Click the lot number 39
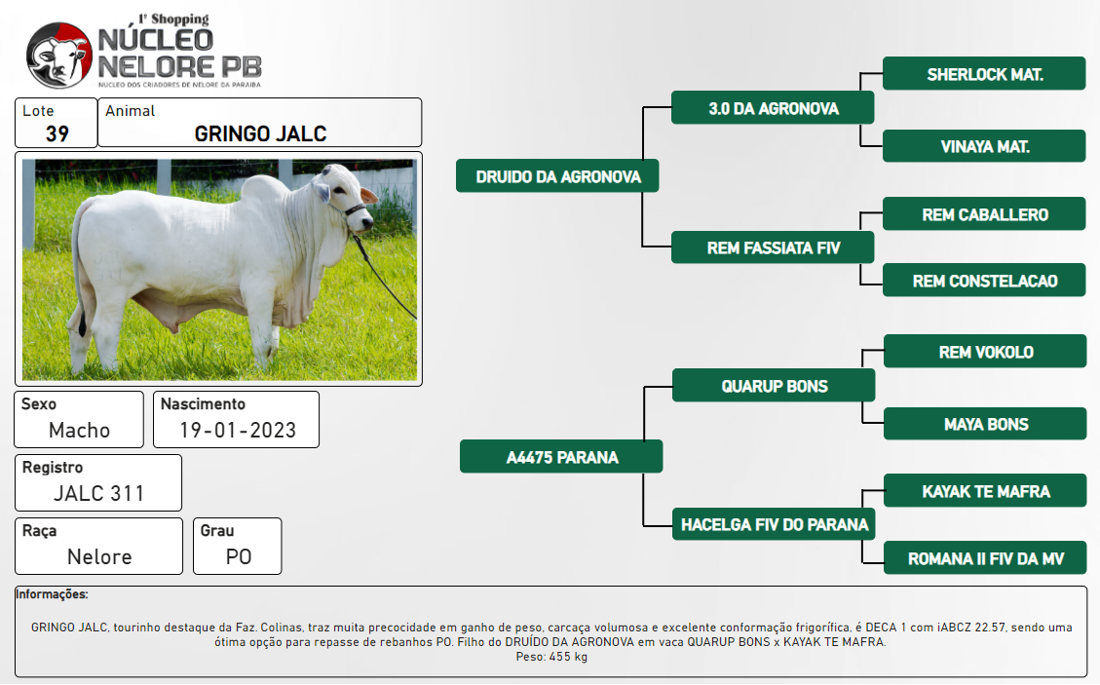tap(57, 133)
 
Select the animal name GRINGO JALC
tap(260, 133)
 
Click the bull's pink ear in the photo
tap(368, 195)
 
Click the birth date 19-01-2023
tap(238, 431)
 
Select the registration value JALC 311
tap(99, 493)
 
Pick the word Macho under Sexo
tap(79, 431)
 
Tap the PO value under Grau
tap(239, 556)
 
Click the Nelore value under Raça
tap(99, 556)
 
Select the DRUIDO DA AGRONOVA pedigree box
tap(557, 176)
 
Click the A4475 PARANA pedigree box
tap(561, 457)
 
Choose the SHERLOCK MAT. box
tap(984, 74)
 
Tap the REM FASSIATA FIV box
tap(773, 247)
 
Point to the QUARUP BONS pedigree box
tap(774, 385)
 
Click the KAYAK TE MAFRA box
tap(985, 490)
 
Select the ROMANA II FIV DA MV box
tap(985, 558)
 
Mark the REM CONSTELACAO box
tap(984, 280)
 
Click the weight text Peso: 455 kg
tap(551, 657)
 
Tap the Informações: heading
tap(52, 594)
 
